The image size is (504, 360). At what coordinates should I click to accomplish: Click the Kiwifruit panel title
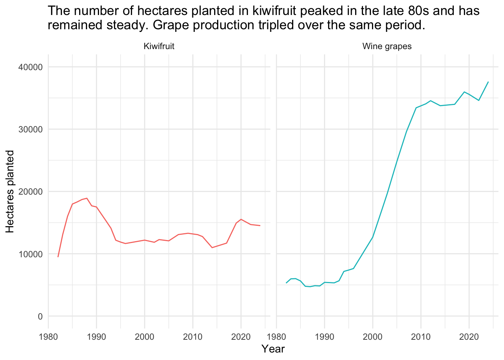pyautogui.click(x=159, y=46)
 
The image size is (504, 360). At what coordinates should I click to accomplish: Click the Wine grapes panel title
pyautogui.click(x=387, y=46)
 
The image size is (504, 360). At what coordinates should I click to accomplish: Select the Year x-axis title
pyautogui.click(x=273, y=349)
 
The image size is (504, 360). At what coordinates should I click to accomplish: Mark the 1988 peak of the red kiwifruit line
pyautogui.click(x=87, y=198)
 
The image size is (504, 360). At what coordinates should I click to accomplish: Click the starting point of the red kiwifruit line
pyautogui.click(x=58, y=256)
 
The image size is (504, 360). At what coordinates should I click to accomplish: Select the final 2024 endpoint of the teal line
pyautogui.click(x=488, y=82)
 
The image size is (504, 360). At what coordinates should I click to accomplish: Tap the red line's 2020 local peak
pyautogui.click(x=241, y=219)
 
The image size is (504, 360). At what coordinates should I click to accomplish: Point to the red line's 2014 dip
pyautogui.click(x=212, y=247)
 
